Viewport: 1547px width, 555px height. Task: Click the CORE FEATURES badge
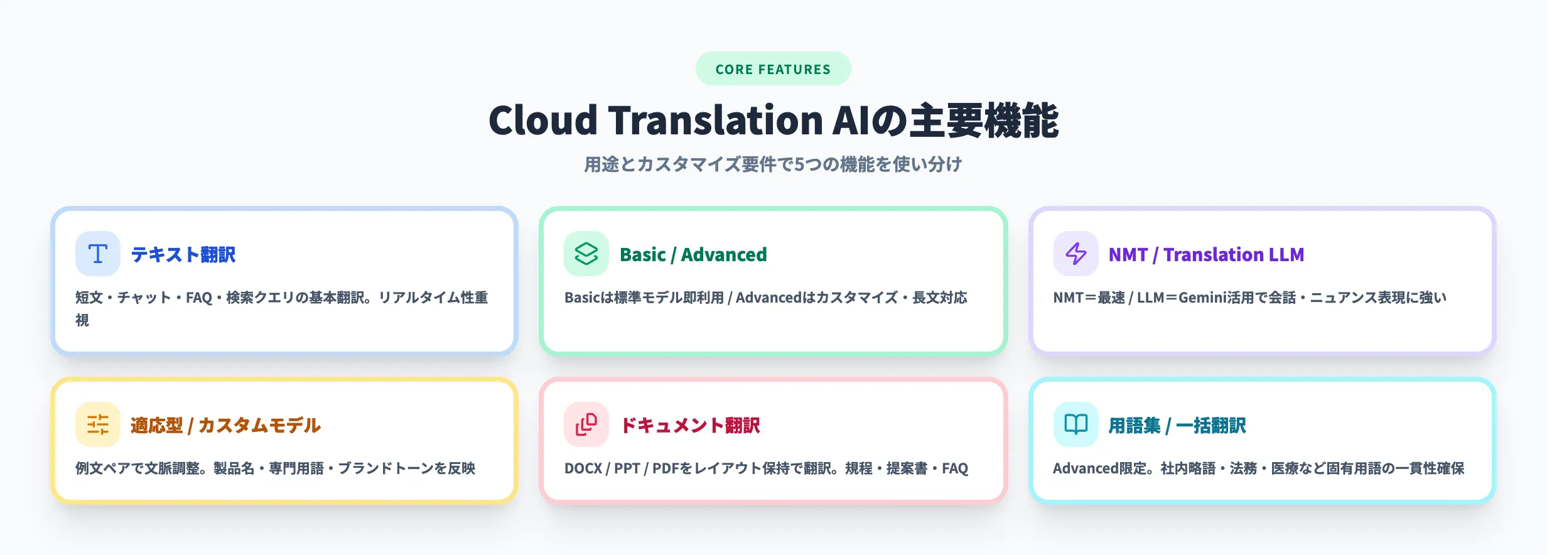(773, 69)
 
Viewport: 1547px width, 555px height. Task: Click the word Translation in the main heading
(715, 121)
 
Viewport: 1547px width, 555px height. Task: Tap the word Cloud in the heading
(543, 121)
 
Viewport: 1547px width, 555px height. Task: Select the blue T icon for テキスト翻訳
(97, 254)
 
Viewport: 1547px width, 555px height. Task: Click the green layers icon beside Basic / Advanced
(586, 254)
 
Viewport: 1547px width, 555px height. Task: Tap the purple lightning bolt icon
(1075, 254)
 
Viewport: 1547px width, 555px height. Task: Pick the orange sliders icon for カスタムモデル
(97, 424)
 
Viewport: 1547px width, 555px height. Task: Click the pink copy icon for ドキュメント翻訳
(586, 424)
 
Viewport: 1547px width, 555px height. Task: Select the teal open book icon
(1075, 424)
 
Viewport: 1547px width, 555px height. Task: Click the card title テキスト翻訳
(183, 254)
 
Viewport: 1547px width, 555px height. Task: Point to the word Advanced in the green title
(724, 254)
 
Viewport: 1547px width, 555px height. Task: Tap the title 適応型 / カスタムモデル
(225, 425)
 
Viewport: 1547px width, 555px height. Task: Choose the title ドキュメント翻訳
(690, 425)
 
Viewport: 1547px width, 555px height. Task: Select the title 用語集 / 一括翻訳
(1177, 425)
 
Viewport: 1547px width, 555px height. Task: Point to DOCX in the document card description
(583, 468)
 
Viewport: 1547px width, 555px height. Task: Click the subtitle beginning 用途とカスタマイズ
(773, 164)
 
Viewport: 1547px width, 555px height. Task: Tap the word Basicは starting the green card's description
(588, 298)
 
